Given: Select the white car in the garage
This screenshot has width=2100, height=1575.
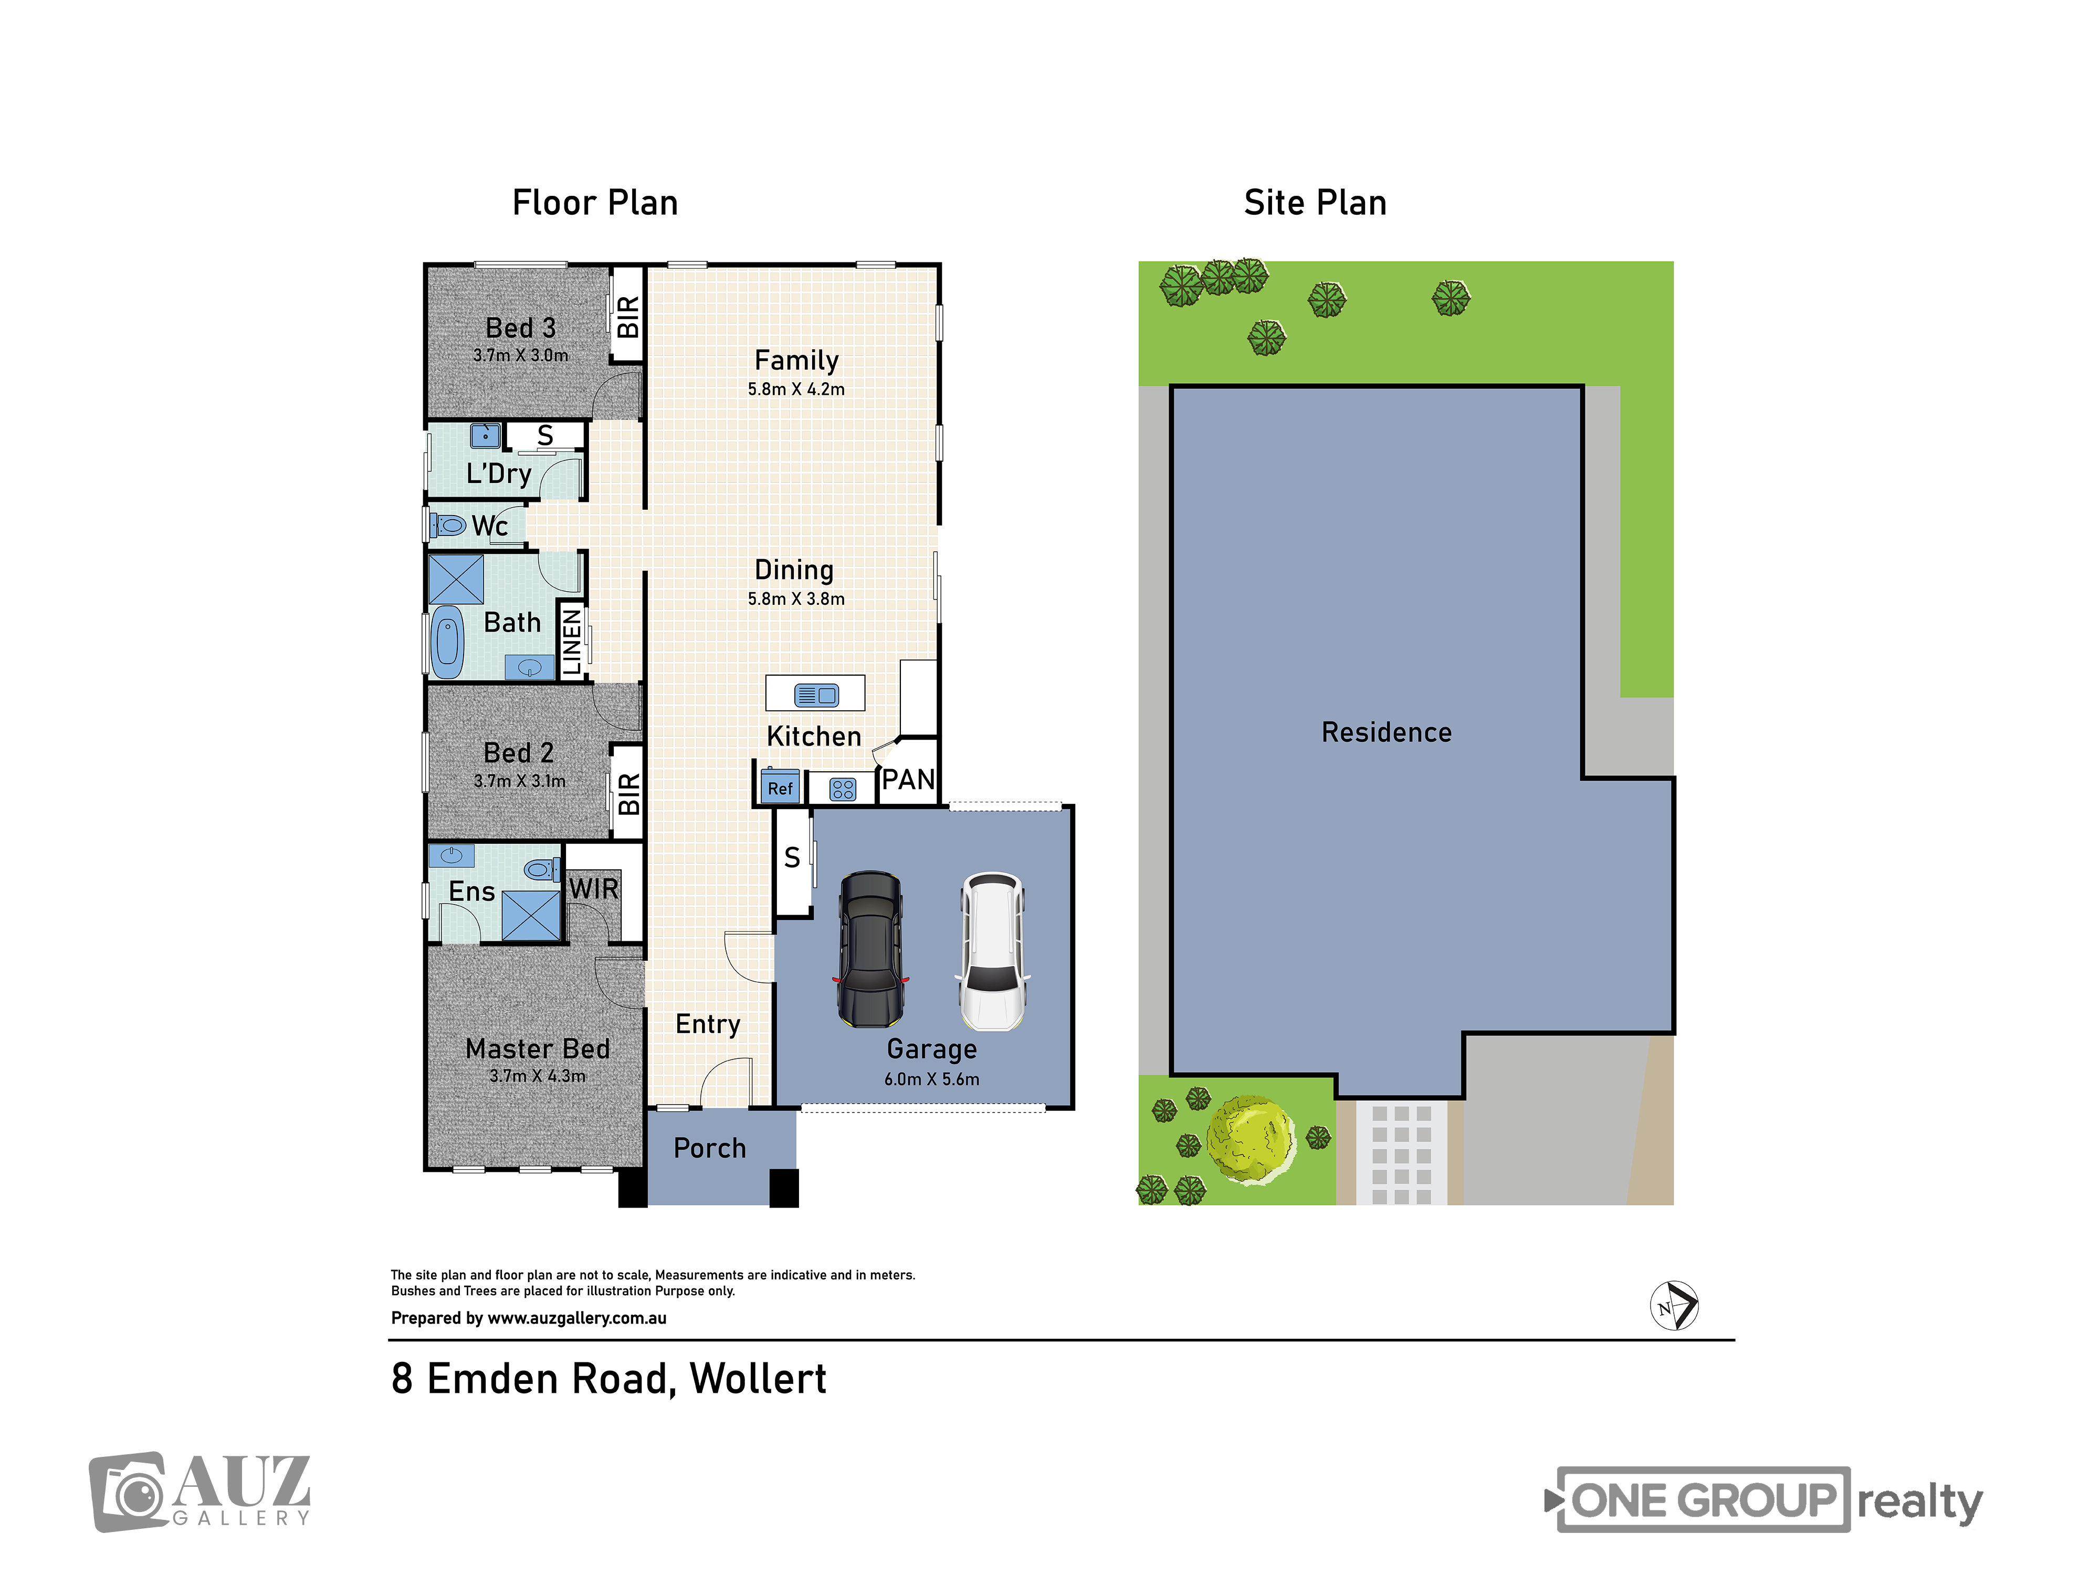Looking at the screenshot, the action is (992, 951).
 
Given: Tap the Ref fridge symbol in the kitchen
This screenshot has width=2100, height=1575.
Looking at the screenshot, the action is (780, 787).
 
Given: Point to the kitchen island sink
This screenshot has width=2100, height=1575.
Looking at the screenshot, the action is (815, 695).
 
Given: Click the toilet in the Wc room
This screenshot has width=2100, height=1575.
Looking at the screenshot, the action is (448, 525).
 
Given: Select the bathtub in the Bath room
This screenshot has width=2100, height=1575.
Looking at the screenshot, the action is (447, 642).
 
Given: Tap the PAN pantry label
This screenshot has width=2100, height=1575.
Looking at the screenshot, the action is (909, 780).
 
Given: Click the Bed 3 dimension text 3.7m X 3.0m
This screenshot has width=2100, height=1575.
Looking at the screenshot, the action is (520, 355).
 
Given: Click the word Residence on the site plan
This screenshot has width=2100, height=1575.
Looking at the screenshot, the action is (1386, 732).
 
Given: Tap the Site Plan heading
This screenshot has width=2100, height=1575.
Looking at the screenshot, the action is (1315, 202).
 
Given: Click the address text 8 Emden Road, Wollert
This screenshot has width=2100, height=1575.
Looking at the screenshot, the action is (608, 1379).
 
